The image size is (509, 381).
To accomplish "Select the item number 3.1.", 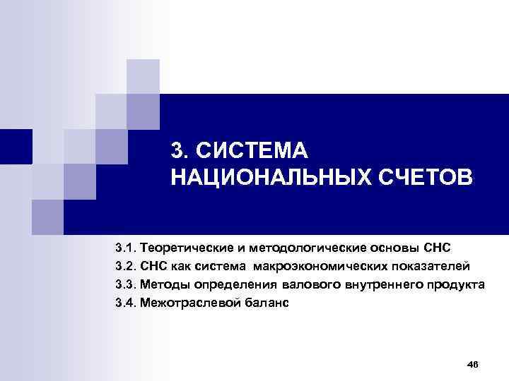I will pos(126,249).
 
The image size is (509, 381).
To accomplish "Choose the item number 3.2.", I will pos(126,267).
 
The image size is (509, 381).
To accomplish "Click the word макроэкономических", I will pos(318,267).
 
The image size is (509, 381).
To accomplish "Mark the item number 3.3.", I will pos(126,285).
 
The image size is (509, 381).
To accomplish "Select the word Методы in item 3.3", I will pos(161,285).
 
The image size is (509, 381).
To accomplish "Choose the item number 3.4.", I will pos(126,303).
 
